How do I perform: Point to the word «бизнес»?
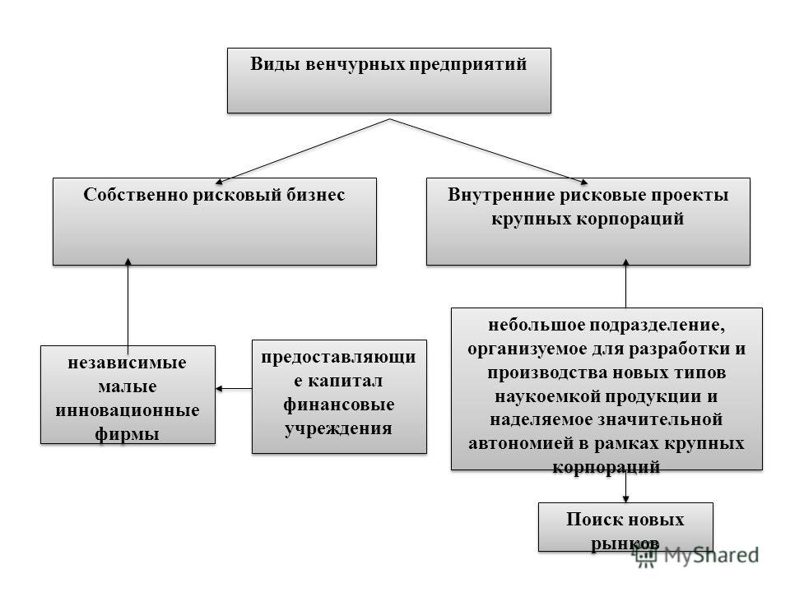tap(316, 195)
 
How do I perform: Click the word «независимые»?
tap(127, 363)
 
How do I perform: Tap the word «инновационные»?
tap(128, 410)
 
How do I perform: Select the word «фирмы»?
tap(127, 434)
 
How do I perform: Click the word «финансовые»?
tap(338, 405)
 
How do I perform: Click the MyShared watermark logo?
tap(695, 555)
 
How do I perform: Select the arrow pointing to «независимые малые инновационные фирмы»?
tap(234, 389)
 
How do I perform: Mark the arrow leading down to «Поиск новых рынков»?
tap(625, 487)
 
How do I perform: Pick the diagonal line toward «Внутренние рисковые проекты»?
tap(489, 151)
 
